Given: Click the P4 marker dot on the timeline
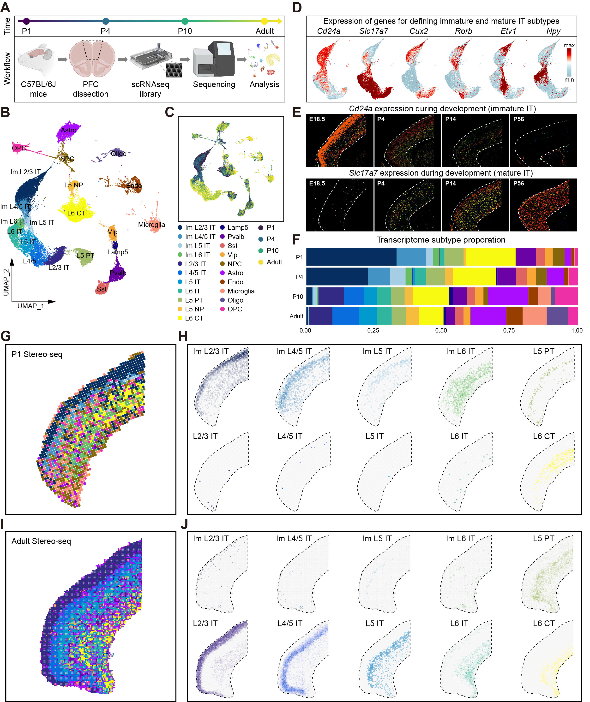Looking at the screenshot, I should click(x=106, y=21).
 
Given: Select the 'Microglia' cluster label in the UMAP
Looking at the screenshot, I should click(x=151, y=225).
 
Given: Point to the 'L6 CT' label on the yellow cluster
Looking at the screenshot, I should click(x=76, y=213).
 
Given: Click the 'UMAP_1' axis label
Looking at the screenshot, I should click(x=31, y=306).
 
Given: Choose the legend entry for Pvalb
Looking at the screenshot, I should click(x=235, y=237).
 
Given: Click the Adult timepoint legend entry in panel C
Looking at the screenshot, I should click(x=274, y=262).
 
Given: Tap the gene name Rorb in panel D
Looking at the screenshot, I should click(x=464, y=31).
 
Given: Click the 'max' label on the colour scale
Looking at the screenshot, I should click(x=569, y=45).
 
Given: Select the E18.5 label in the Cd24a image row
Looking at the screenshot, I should click(x=317, y=119).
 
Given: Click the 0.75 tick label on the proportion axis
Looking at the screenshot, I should click(x=509, y=331).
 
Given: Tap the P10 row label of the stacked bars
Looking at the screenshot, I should click(x=298, y=297).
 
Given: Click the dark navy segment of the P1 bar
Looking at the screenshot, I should click(x=351, y=257).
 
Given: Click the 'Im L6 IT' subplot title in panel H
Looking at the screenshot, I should click(x=460, y=351).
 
